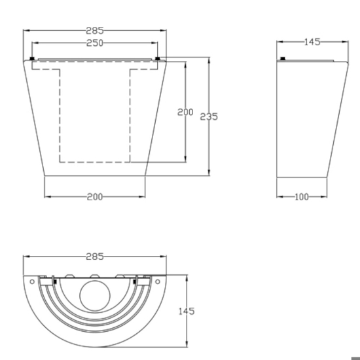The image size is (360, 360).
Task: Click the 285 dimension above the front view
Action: click(x=95, y=31)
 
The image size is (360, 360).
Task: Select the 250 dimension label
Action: click(x=95, y=43)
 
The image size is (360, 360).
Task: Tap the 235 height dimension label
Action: click(x=209, y=117)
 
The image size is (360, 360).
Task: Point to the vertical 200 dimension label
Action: click(x=185, y=112)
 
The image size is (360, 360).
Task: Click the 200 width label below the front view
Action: click(x=95, y=197)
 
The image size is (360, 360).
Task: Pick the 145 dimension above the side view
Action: click(x=312, y=42)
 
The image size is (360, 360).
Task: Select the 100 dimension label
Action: click(x=302, y=197)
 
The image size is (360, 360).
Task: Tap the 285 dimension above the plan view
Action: click(x=95, y=257)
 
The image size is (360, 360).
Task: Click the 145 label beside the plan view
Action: click(x=187, y=312)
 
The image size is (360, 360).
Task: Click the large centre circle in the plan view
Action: click(x=95, y=296)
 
